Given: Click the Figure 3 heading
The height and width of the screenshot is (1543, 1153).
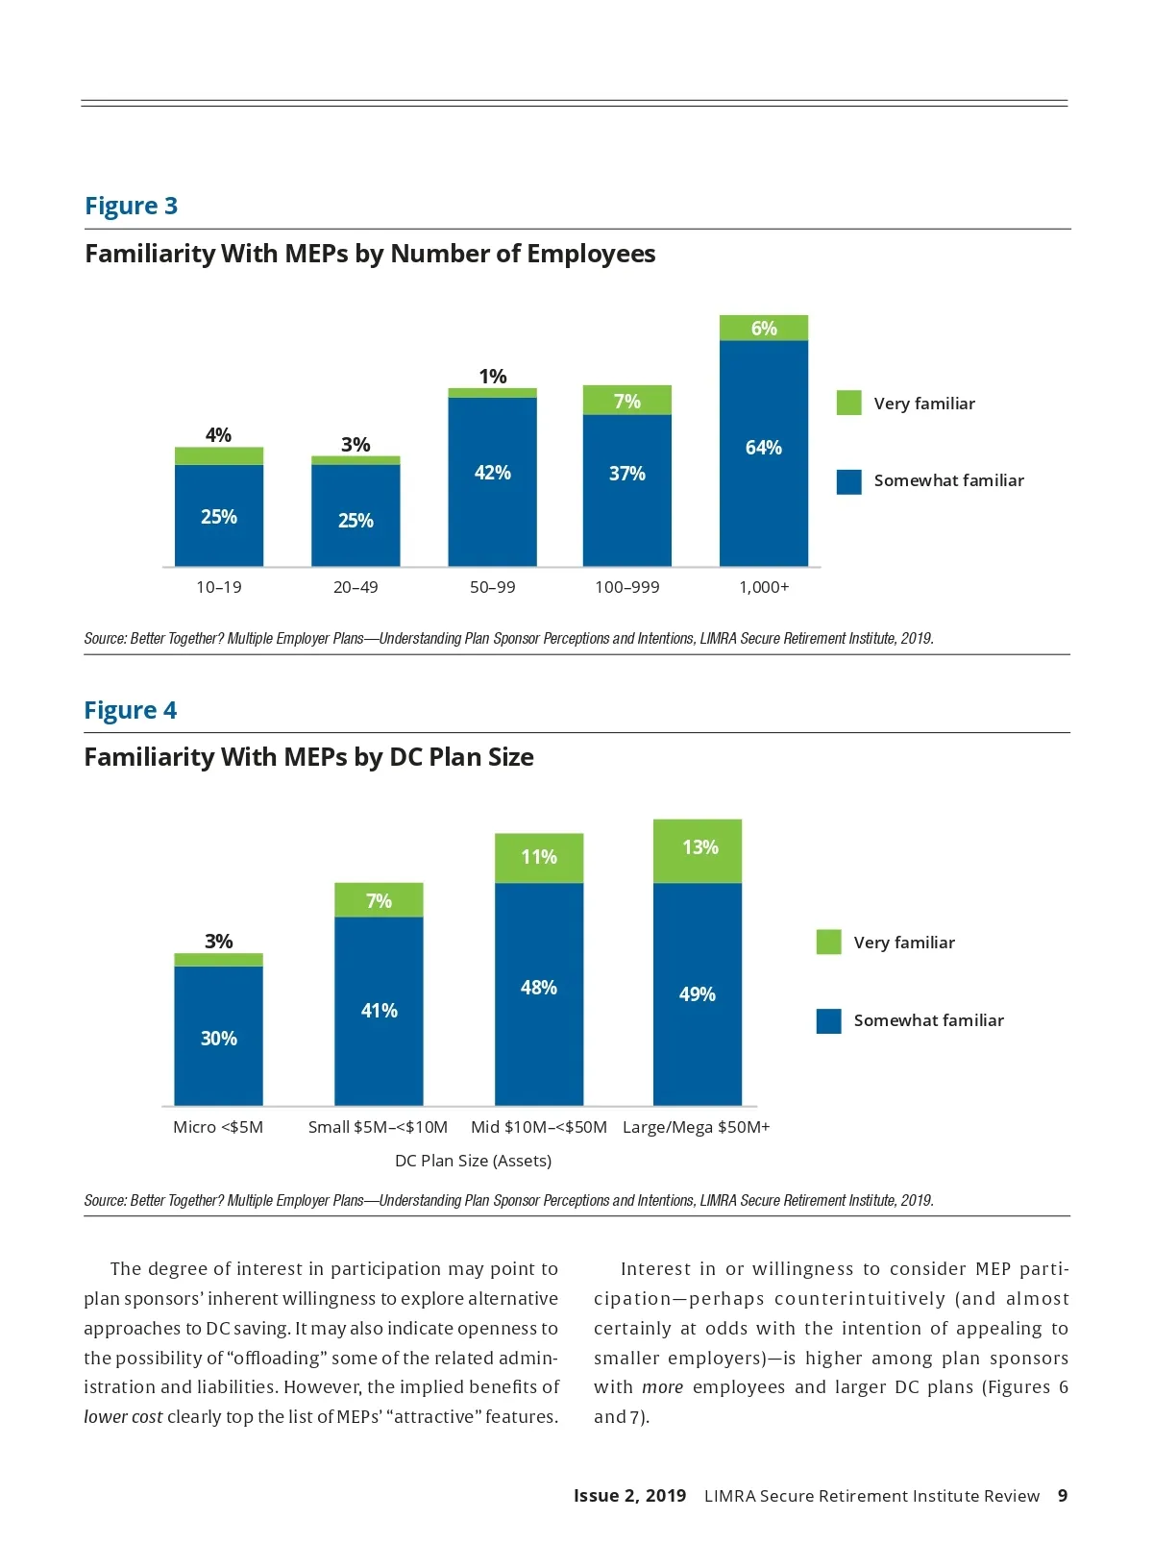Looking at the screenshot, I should (x=131, y=206).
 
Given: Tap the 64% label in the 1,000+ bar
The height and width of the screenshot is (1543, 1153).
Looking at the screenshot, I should (x=763, y=448).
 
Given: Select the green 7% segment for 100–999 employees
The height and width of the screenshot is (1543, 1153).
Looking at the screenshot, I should (x=626, y=401).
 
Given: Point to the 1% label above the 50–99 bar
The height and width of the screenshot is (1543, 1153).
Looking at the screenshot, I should (x=492, y=377).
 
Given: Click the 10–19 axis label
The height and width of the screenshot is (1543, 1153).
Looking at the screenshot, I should (x=218, y=587).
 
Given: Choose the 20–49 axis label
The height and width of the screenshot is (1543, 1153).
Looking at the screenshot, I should (x=355, y=587).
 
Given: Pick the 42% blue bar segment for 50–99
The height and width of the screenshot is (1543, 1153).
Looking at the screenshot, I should (x=492, y=480).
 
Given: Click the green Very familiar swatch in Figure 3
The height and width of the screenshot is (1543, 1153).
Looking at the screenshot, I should (x=848, y=403).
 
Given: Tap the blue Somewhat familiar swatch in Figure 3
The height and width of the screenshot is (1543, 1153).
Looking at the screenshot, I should (x=848, y=481).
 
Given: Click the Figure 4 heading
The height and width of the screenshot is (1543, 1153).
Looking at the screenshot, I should (x=130, y=710).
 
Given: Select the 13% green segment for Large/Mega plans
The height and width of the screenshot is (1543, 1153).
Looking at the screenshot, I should (x=698, y=850).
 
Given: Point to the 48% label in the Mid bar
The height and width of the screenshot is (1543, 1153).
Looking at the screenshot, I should (x=538, y=988).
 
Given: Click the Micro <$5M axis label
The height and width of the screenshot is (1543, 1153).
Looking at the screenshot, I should (x=217, y=1127).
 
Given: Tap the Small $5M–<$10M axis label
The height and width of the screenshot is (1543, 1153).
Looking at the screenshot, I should (x=378, y=1127).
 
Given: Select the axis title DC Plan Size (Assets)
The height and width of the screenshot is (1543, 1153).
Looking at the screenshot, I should (x=473, y=1161).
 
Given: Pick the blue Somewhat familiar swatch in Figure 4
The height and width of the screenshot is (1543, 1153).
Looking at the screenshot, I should (x=828, y=1020).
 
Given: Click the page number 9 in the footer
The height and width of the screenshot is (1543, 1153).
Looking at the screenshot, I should (x=1062, y=1496).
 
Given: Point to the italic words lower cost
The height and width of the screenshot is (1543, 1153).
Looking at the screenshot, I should (x=123, y=1417).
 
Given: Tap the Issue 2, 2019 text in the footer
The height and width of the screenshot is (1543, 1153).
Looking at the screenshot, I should (x=629, y=1496).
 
